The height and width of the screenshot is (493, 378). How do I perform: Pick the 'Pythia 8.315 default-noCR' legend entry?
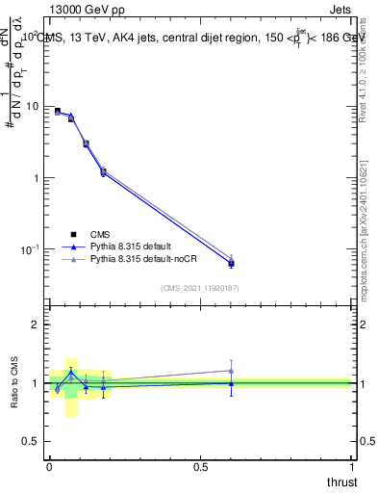[x=146, y=260]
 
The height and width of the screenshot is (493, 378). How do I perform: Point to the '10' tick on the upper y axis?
[x=34, y=106]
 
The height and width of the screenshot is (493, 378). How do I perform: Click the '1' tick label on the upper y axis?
[x=38, y=178]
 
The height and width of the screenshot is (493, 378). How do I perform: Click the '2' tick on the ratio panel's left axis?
[x=38, y=324]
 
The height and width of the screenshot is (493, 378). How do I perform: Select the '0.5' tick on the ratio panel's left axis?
[x=34, y=441]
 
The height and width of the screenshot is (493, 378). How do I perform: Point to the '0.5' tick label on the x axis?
[x=201, y=467]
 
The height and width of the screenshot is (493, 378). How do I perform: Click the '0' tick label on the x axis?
[x=49, y=467]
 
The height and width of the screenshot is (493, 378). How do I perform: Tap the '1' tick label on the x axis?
[x=353, y=467]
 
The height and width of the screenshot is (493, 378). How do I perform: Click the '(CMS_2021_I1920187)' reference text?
[x=200, y=288]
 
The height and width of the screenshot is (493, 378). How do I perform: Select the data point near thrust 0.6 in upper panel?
[x=231, y=263]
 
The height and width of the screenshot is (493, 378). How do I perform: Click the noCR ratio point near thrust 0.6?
[x=231, y=371]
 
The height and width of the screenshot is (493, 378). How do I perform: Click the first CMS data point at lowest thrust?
[x=57, y=112]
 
